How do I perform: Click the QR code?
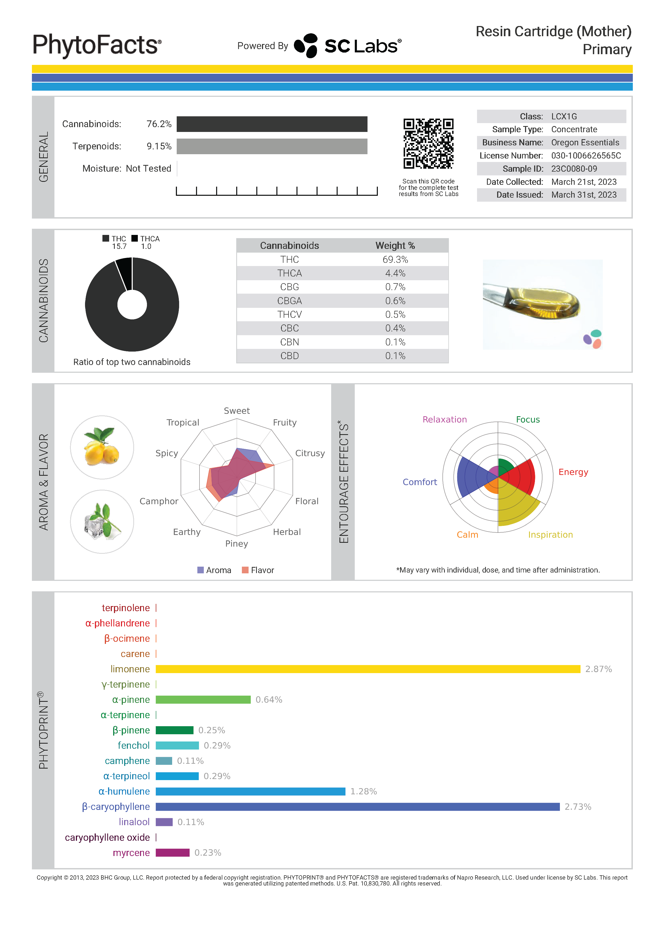(428, 144)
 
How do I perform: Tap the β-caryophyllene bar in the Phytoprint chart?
(357, 807)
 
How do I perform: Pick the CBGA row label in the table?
(289, 301)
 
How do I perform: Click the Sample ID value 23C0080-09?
(574, 169)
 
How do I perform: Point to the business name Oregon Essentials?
(585, 143)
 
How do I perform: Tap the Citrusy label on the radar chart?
(310, 453)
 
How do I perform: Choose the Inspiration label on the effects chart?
(550, 535)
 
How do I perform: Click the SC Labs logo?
(348, 46)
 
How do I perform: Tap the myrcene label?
(131, 853)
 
